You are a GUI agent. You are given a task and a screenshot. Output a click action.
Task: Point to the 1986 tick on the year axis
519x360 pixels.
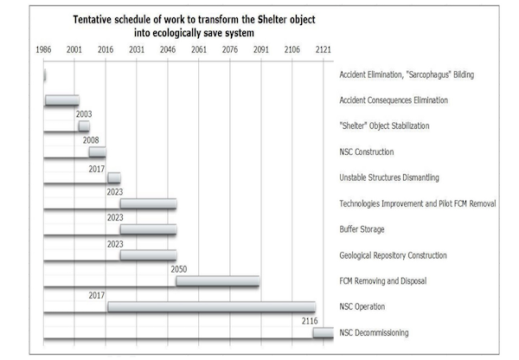pyautogui.click(x=43, y=50)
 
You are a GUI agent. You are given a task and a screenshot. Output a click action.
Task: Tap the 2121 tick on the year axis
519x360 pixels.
pyautogui.click(x=324, y=50)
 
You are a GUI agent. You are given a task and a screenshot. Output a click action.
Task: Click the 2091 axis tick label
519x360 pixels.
pyautogui.click(x=260, y=50)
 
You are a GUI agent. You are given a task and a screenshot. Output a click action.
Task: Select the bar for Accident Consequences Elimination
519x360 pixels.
pyautogui.click(x=61, y=100)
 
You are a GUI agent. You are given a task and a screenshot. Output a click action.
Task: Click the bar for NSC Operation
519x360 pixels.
pyautogui.click(x=211, y=306)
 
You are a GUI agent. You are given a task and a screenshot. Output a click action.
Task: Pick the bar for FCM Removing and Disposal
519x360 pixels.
pyautogui.click(x=218, y=280)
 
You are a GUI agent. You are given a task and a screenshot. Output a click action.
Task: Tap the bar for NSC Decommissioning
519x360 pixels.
pyautogui.click(x=323, y=332)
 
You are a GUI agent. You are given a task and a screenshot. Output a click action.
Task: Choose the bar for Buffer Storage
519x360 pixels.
pyautogui.click(x=148, y=229)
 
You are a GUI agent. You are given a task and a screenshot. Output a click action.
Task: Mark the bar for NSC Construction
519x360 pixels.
pyautogui.click(x=97, y=152)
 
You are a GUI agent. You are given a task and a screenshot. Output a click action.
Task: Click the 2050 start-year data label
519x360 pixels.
pyautogui.click(x=179, y=269)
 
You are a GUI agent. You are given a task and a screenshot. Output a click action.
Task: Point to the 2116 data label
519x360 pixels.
pyautogui.click(x=311, y=320)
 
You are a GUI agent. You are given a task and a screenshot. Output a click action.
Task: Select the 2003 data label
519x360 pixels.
pyautogui.click(x=84, y=113)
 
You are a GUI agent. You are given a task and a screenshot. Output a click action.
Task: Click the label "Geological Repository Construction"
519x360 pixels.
pyautogui.click(x=394, y=255)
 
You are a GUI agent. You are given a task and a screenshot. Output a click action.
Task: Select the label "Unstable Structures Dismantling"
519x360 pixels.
pyautogui.click(x=390, y=177)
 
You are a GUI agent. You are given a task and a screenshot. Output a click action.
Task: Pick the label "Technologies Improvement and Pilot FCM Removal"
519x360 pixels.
pyautogui.click(x=418, y=203)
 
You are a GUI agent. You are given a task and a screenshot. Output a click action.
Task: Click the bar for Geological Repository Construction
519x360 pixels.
pyautogui.click(x=148, y=255)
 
